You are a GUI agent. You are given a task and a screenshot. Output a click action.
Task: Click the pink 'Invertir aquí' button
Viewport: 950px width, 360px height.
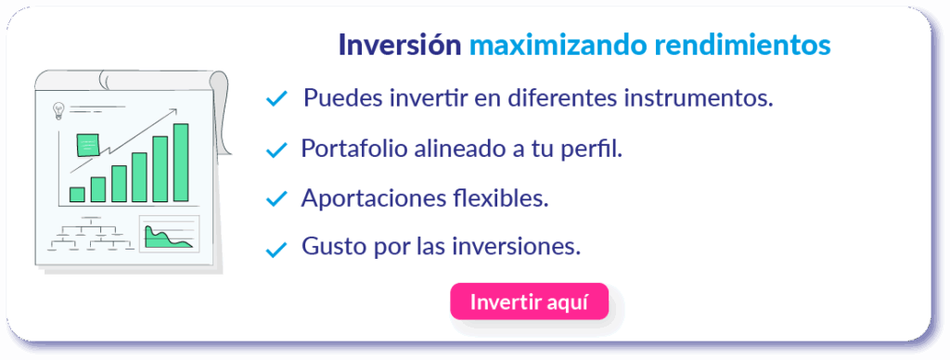pos(529,302)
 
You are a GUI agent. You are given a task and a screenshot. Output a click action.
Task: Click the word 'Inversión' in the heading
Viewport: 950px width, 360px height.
pos(400,45)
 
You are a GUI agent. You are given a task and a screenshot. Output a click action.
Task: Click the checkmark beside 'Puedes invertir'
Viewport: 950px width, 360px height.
pos(276,98)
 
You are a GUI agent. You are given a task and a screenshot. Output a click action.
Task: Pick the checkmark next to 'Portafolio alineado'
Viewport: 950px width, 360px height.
pos(276,149)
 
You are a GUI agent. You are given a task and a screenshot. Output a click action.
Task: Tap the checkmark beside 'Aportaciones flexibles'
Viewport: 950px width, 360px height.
pos(276,199)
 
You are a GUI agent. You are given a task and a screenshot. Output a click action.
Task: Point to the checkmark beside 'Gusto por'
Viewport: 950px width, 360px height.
pos(276,249)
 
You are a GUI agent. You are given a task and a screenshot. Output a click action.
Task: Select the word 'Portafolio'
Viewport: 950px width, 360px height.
pos(354,148)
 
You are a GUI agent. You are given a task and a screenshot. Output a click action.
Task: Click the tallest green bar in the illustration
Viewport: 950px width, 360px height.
pos(181,162)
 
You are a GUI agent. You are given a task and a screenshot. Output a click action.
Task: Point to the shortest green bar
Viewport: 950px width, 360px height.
pos(77,195)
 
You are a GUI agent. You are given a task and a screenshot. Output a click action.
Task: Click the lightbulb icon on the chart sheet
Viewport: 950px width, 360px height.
pos(58,111)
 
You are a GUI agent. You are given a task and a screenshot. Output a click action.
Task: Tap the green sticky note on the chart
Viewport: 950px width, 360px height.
pos(87,145)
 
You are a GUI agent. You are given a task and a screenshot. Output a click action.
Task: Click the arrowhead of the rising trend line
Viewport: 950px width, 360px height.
pos(173,111)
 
